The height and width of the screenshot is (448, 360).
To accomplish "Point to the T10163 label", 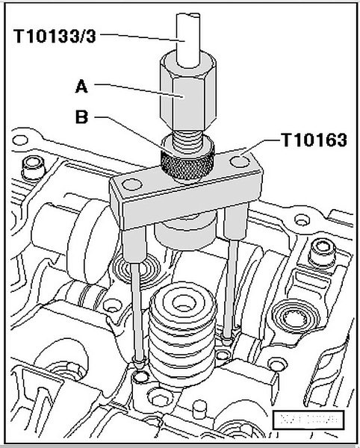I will (x=312, y=140).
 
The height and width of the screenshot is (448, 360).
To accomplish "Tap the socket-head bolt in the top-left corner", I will (x=31, y=167).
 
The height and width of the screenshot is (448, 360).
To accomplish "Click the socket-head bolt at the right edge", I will (x=322, y=250).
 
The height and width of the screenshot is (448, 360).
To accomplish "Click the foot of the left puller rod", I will (x=140, y=363).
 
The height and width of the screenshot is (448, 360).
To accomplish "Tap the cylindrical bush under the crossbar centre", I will (x=184, y=231).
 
